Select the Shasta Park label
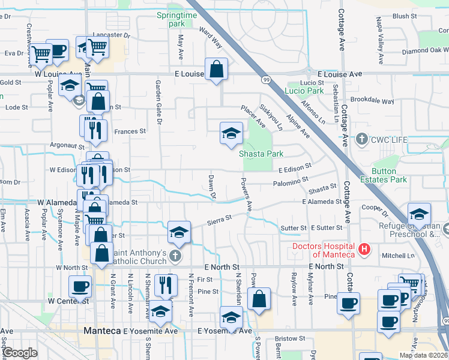[261, 154]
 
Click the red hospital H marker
[363, 248]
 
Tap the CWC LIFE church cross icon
[361, 140]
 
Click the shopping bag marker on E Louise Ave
[216, 69]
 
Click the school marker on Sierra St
[178, 232]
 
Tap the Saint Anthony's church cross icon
[175, 256]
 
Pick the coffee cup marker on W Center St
[79, 287]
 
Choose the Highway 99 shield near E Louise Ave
[265, 79]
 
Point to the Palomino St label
[290, 180]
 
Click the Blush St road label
[405, 16]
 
